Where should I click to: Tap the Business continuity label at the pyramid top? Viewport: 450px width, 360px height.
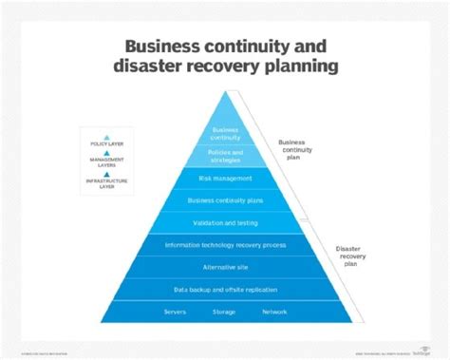[x=225, y=133]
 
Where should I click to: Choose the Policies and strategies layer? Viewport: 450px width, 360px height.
[x=226, y=156]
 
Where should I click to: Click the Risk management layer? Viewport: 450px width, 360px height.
[x=226, y=178]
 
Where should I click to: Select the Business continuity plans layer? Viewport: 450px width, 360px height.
[x=226, y=200]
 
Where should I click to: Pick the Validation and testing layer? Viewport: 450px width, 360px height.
[x=226, y=222]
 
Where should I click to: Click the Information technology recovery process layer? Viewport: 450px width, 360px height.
[x=226, y=245]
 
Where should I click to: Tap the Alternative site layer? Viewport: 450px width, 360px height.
[x=226, y=267]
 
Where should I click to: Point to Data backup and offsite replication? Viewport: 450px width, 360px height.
[x=226, y=289]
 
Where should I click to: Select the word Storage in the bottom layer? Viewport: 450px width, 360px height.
[x=225, y=311]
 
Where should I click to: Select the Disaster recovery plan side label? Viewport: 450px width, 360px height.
[x=348, y=256]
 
